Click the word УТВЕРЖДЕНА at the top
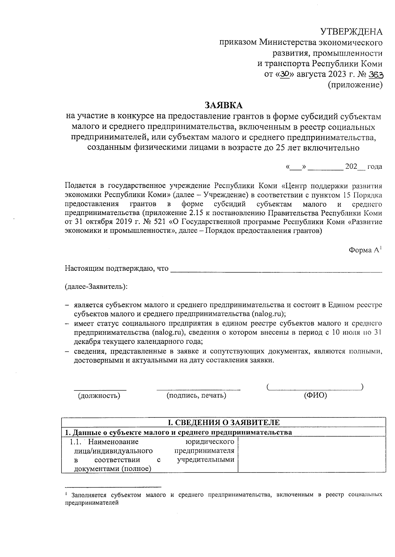pyautogui.click(x=351, y=32)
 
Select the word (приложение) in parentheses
pyautogui.click(x=355, y=85)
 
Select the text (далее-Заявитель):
pyautogui.click(x=96, y=286)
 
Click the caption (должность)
pyautogui.click(x=99, y=395)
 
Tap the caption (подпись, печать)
pyautogui.click(x=196, y=395)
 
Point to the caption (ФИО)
pyautogui.click(x=315, y=395)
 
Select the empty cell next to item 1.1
pyautogui.click(x=311, y=455)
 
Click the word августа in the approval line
pyautogui.click(x=310, y=75)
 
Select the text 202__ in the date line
pyautogui.click(x=355, y=166)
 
